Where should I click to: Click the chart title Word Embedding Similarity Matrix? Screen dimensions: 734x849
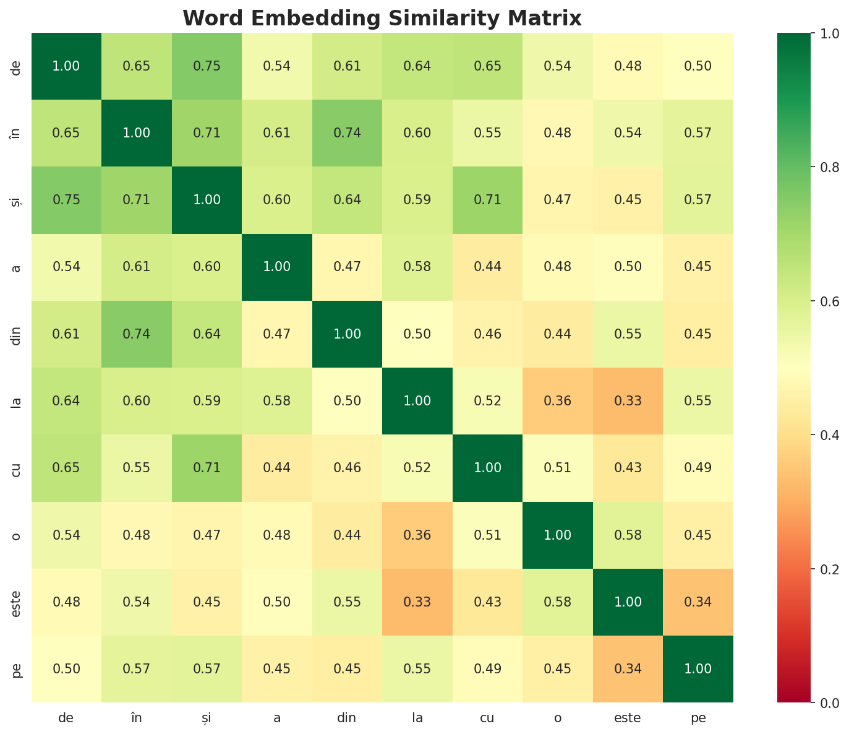pyautogui.click(x=382, y=19)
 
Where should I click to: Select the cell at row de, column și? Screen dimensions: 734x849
pyautogui.click(x=207, y=66)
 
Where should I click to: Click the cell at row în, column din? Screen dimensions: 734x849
pyautogui.click(x=347, y=133)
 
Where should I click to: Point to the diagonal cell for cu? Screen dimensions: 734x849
pyautogui.click(x=488, y=468)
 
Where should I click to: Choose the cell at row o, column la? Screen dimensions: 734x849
pyautogui.click(x=417, y=535)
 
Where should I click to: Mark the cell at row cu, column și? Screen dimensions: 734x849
pyautogui.click(x=207, y=468)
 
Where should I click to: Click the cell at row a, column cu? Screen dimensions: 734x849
pyautogui.click(x=488, y=267)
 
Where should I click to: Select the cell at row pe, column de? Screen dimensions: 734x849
pyautogui.click(x=66, y=669)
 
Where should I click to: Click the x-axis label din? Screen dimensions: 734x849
pyautogui.click(x=347, y=718)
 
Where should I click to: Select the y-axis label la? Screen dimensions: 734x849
pyautogui.click(x=17, y=401)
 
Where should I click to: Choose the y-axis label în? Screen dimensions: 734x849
pyautogui.click(x=17, y=133)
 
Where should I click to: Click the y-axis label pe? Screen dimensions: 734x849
pyautogui.click(x=17, y=669)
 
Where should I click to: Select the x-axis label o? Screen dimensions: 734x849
pyautogui.click(x=558, y=718)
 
